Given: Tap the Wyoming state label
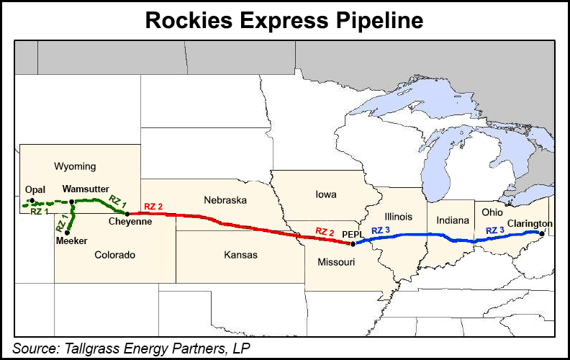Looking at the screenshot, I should pos(75,166).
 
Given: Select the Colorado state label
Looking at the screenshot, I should pos(114,255).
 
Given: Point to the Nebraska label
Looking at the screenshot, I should pos(225,199).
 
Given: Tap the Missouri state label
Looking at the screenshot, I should pos(336,262).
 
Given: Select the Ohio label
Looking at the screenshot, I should pos(492,212).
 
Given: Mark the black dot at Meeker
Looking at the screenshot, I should pos(67,233).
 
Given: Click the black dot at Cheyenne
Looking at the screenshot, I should pos(127,214).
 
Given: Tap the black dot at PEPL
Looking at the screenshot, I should pos(353,244).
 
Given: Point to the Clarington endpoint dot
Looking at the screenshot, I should pos(541,233).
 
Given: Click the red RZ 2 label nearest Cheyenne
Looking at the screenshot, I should pos(153,207).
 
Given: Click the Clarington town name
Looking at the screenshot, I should pos(529,223).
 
